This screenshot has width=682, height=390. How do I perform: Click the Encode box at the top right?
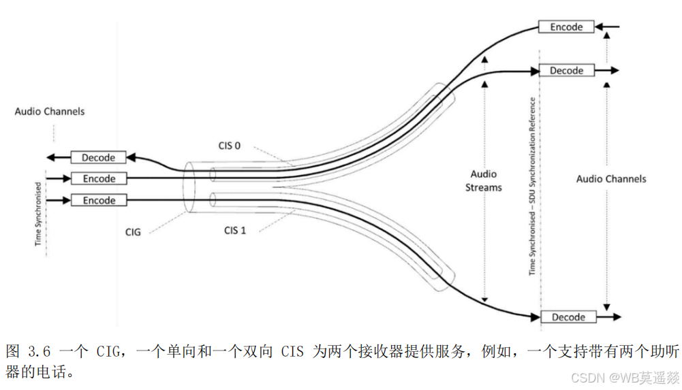point(565,27)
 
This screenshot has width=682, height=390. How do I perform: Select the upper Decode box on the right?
point(565,71)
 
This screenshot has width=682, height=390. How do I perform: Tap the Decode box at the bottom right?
point(568,317)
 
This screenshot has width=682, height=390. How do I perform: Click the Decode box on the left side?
point(98,158)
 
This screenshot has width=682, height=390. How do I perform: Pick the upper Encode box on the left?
point(99,179)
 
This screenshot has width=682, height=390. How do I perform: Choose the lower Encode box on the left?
point(99,201)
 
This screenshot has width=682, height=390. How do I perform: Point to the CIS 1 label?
point(235,230)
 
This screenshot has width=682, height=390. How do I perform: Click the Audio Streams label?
point(483,180)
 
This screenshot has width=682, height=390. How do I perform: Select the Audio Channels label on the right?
point(610,179)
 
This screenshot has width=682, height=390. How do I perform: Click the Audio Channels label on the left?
point(50,111)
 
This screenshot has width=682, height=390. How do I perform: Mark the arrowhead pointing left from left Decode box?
point(50,158)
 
